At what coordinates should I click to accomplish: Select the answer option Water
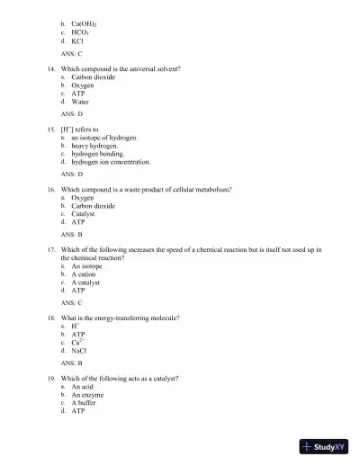pos(82,102)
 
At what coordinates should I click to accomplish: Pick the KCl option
pos(78,41)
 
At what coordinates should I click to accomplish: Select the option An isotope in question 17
pos(89,266)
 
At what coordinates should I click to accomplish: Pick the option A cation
pos(87,274)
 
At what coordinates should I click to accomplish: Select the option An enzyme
pos(89,395)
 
